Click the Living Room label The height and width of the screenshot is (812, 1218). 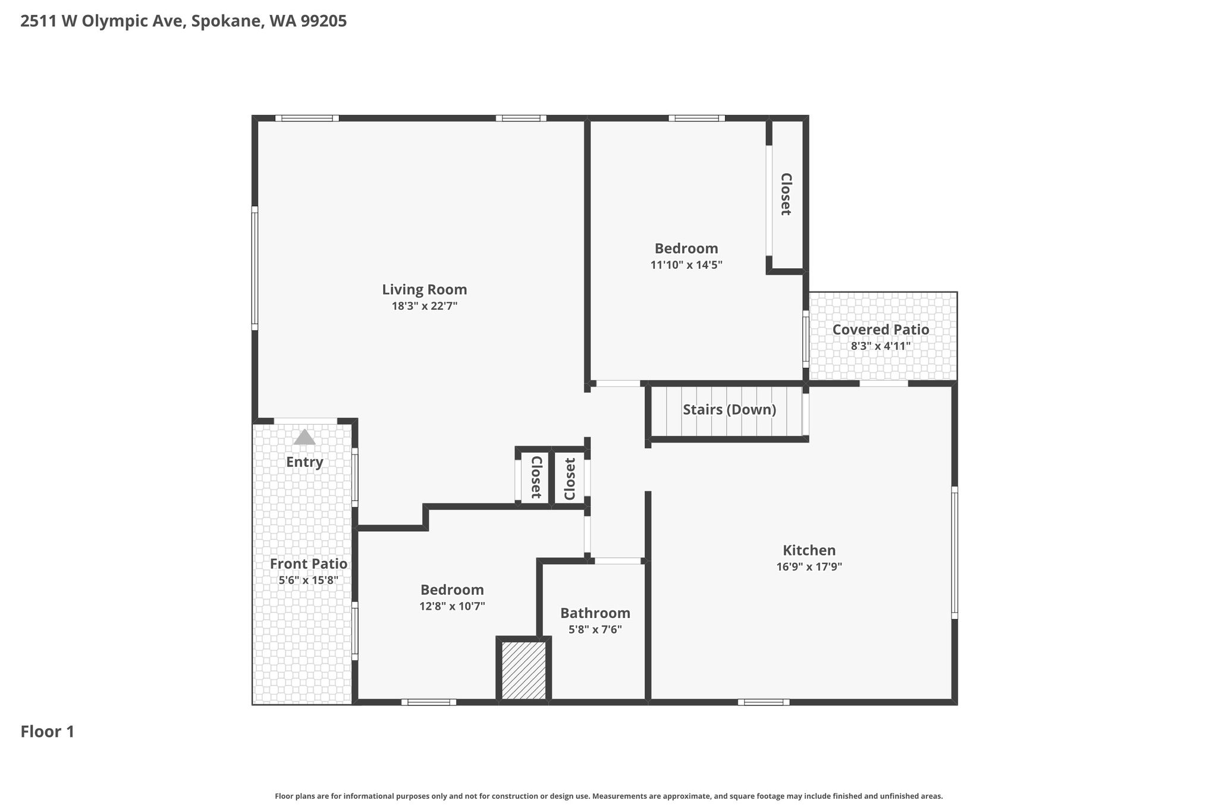coord(424,290)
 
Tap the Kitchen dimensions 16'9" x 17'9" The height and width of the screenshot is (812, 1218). coord(809,567)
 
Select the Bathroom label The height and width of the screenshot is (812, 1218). coord(595,613)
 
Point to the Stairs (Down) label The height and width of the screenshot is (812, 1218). coord(729,410)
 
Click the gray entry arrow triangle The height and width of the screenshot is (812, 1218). coord(304,437)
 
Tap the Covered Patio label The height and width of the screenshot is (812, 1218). coord(880,330)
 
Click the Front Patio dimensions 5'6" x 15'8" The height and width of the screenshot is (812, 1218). coord(308,580)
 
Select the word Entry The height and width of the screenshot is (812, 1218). coord(304,462)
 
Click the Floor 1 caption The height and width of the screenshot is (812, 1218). coord(48,732)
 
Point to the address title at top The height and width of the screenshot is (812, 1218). coord(183,21)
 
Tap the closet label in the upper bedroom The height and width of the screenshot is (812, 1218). coord(786,194)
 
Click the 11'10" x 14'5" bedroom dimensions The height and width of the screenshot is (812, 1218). coord(686,265)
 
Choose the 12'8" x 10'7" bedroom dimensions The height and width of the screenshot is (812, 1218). coord(452,607)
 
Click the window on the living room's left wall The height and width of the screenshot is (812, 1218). coord(255,268)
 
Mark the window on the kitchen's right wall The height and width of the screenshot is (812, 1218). coord(955,553)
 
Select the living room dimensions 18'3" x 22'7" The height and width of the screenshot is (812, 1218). coord(424,306)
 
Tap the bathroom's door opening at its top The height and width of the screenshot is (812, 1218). coord(618,560)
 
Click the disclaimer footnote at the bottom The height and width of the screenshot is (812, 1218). coord(609,796)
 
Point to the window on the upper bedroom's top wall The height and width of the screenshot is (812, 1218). coord(696,118)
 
